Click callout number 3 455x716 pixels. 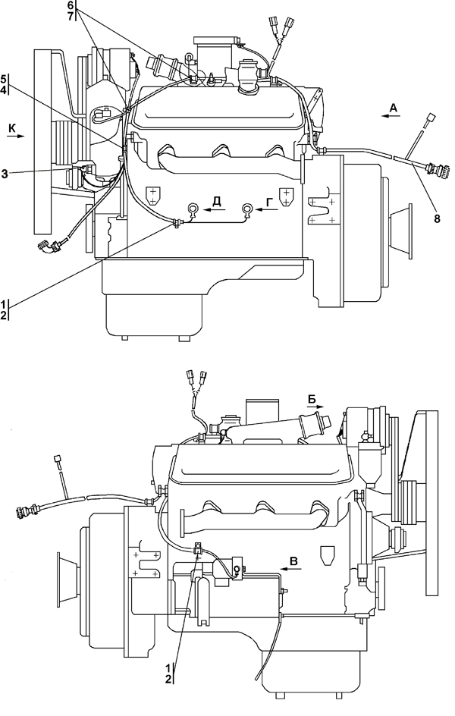coord(5,173)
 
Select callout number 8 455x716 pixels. coord(437,218)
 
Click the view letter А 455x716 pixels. coord(394,108)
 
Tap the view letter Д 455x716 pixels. coord(217,202)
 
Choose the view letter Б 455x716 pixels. coord(312,399)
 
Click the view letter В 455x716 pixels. coord(294,561)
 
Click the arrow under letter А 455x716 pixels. coord(391,117)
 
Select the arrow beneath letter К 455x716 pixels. coord(15,136)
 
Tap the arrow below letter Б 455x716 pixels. coord(315,407)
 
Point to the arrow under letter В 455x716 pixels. coord(289,569)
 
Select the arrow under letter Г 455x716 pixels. coord(268,209)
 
